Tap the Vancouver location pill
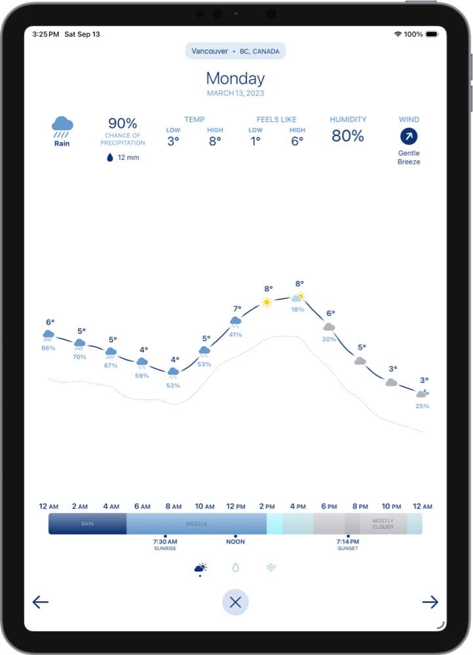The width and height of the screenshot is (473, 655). pyautogui.click(x=235, y=51)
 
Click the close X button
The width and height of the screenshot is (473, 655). pyautogui.click(x=235, y=602)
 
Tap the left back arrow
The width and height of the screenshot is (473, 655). pyautogui.click(x=41, y=602)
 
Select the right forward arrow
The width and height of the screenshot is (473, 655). pyautogui.click(x=430, y=602)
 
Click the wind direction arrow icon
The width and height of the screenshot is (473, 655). pyautogui.click(x=409, y=136)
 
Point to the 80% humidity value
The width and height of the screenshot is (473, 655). pyautogui.click(x=347, y=136)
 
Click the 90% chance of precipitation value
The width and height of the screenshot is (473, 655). pyautogui.click(x=123, y=123)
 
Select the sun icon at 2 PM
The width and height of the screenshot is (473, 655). pyautogui.click(x=267, y=302)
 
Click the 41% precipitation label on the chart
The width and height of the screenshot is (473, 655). pyautogui.click(x=235, y=335)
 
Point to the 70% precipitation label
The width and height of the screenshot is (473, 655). pyautogui.click(x=79, y=357)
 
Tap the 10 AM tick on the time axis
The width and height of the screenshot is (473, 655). pyautogui.click(x=204, y=506)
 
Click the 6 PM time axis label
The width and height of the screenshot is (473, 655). pyautogui.click(x=329, y=506)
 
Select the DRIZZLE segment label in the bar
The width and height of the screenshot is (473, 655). pyautogui.click(x=197, y=524)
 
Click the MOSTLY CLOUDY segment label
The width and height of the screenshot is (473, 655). pyautogui.click(x=383, y=524)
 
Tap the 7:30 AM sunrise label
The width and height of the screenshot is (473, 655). pyautogui.click(x=165, y=542)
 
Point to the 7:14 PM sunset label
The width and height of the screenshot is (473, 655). pyautogui.click(x=348, y=542)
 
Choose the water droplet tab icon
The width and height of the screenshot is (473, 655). pyautogui.click(x=235, y=568)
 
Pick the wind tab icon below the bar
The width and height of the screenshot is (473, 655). pyautogui.click(x=270, y=568)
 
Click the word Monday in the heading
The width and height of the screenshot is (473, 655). pyautogui.click(x=235, y=79)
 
